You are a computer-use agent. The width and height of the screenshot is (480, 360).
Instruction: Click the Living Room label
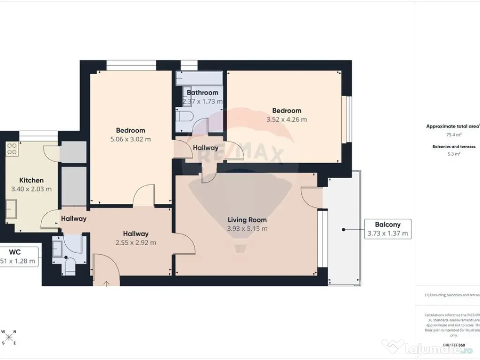click(247, 219)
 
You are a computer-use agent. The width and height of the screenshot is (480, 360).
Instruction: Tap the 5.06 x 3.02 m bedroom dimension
click(131, 139)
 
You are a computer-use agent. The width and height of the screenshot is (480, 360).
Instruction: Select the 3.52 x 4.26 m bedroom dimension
click(286, 120)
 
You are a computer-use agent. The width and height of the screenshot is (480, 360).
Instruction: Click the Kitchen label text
click(31, 180)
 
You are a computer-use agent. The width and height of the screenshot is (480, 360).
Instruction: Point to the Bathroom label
click(202, 93)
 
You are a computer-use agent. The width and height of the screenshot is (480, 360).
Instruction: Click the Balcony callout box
click(388, 229)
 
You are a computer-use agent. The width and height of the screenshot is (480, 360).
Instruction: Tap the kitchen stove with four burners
click(12, 149)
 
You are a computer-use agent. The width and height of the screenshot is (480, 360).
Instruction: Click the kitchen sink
click(11, 207)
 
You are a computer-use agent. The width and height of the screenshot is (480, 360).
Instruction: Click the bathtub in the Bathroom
click(199, 78)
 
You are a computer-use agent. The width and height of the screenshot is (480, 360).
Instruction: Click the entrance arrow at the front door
click(106, 283)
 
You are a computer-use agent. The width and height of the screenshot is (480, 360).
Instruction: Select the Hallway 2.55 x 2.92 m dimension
click(136, 242)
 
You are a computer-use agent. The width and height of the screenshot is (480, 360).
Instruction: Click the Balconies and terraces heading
click(453, 147)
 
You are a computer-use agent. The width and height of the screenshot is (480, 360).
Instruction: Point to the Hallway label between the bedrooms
click(205, 148)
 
